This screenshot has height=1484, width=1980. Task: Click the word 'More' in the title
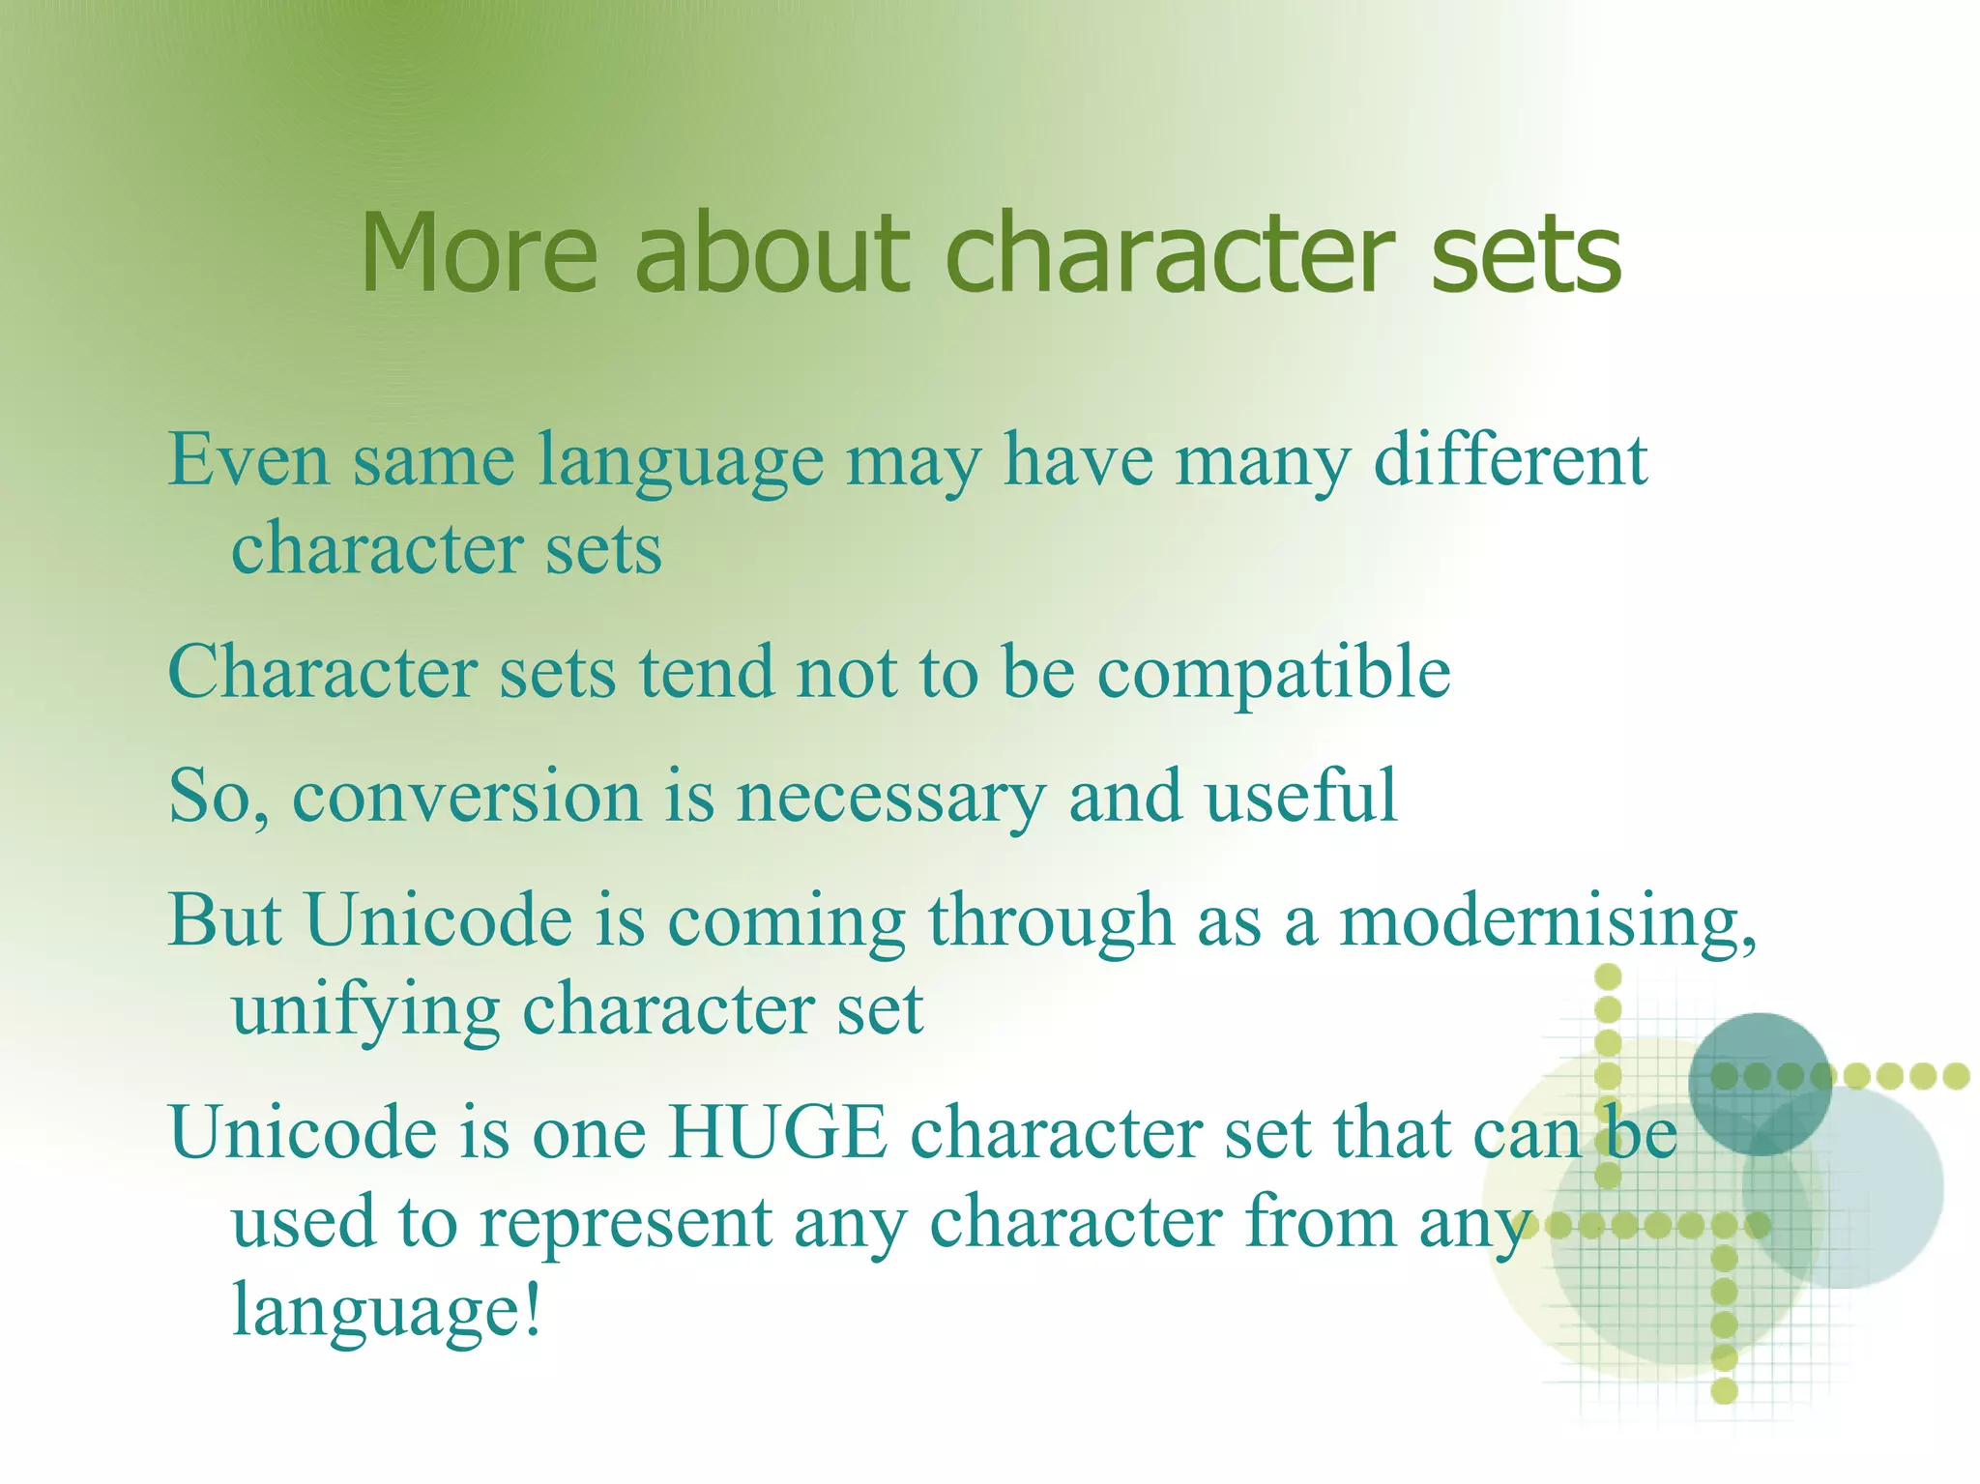[480, 253]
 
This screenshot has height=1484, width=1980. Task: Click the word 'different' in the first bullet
[1510, 460]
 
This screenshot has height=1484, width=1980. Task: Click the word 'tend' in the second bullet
[707, 673]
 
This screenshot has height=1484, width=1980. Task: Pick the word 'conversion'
[467, 797]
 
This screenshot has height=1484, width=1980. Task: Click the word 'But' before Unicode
[225, 919]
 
